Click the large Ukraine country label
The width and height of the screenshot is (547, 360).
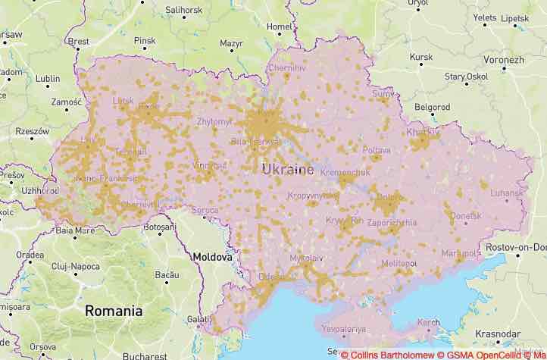287,169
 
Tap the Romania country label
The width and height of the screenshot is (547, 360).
114,311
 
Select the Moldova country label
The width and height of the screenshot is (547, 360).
212,257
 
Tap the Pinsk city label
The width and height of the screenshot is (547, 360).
144,40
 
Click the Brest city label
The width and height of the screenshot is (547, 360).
78,41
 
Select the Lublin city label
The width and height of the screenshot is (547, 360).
47,78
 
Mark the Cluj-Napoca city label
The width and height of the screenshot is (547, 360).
76,267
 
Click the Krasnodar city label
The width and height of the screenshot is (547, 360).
497,333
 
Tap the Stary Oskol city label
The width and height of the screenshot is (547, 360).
466,77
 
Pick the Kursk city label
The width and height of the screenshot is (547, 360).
420,57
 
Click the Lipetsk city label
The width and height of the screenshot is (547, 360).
514,17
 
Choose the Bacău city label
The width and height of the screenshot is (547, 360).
166,274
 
